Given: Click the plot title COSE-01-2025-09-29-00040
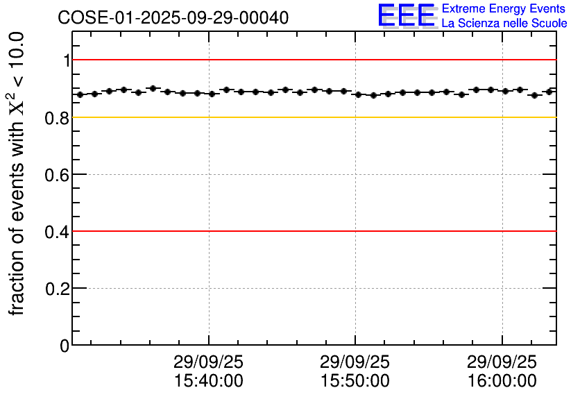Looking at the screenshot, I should (x=173, y=17).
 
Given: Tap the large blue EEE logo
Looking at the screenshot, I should (x=406, y=15).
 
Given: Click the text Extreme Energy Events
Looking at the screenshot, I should (x=504, y=9).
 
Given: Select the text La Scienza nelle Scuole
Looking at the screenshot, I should (x=504, y=24).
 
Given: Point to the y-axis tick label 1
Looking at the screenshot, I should (x=67, y=60).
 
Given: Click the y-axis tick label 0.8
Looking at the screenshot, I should (x=58, y=117).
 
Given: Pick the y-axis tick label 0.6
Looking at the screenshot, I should (x=58, y=174).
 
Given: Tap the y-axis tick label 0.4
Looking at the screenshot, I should (x=58, y=231).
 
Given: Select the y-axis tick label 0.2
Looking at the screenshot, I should (x=58, y=288).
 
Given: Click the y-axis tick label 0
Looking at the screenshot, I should (x=65, y=345).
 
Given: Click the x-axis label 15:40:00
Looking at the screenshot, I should (x=208, y=381).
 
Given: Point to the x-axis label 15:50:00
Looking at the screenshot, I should (x=355, y=381).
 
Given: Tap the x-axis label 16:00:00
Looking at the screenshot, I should (x=502, y=381).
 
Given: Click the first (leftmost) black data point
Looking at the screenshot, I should (x=80, y=94).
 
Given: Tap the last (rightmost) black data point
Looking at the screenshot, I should (x=549, y=92).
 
